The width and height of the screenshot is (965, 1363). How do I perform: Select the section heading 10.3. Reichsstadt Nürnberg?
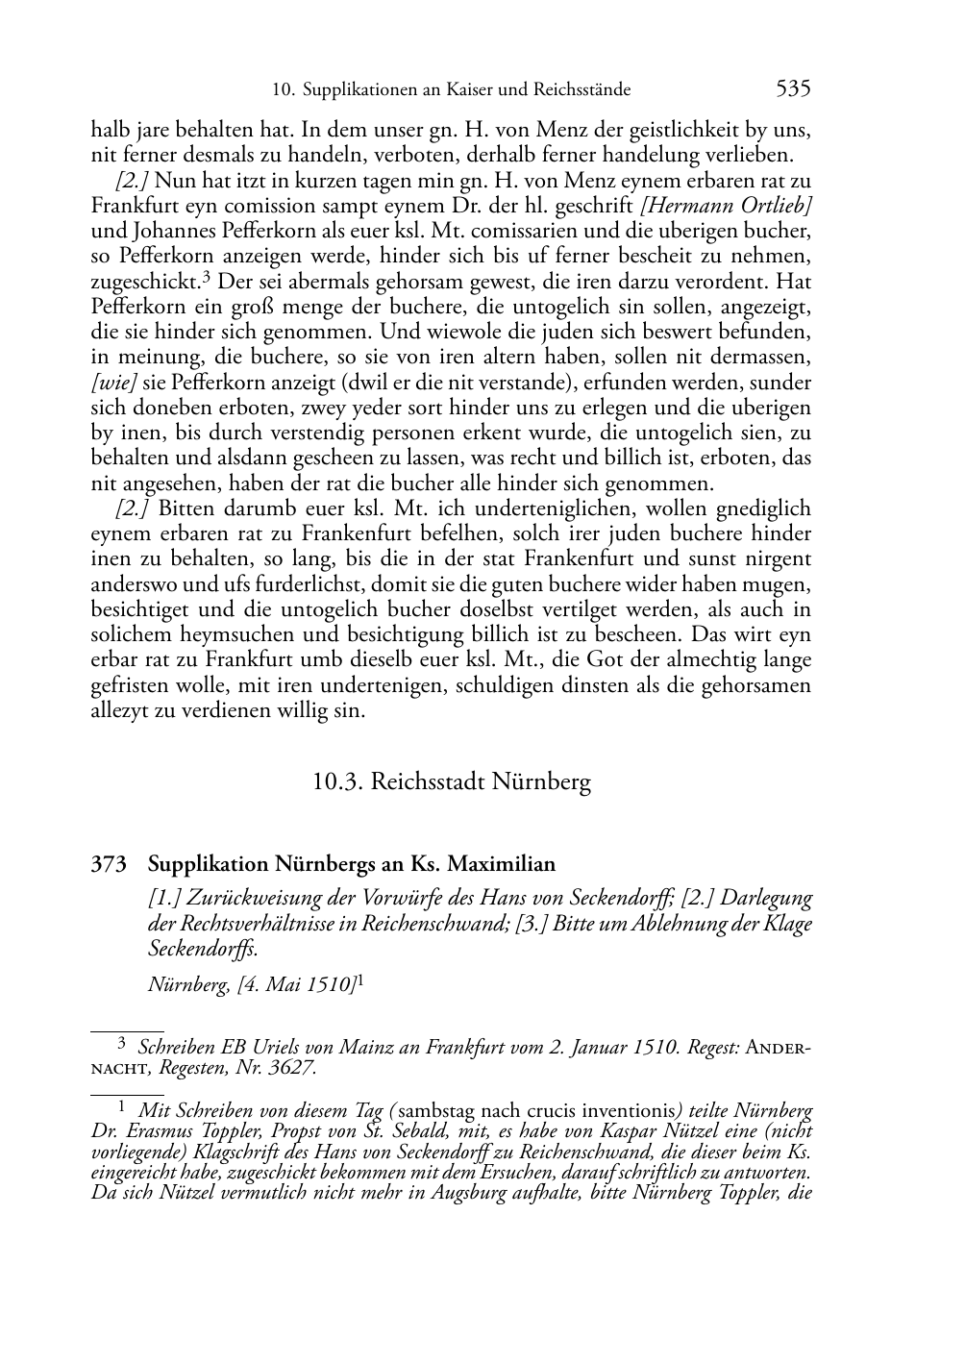(x=452, y=781)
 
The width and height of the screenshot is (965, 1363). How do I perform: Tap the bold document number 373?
(x=109, y=864)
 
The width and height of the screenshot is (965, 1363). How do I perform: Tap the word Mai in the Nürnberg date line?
(x=286, y=983)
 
